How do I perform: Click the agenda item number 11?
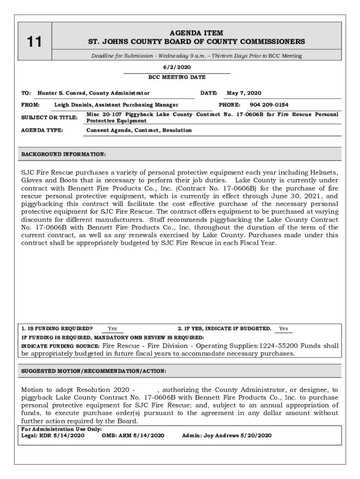point(33,43)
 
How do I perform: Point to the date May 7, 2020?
point(244,93)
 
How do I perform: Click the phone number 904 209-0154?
point(269,105)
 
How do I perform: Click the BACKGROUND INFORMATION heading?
point(64,154)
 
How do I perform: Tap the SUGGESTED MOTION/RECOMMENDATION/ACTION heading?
point(94,371)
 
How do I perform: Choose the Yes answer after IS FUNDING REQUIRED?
point(112,328)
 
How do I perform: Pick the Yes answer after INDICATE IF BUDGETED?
point(283,328)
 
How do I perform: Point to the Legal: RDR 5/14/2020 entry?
point(53,435)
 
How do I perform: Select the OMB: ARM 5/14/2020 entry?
point(133,435)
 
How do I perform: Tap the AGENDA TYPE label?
point(42,130)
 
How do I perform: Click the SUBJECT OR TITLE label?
point(49,117)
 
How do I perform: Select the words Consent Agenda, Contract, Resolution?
point(139,130)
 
